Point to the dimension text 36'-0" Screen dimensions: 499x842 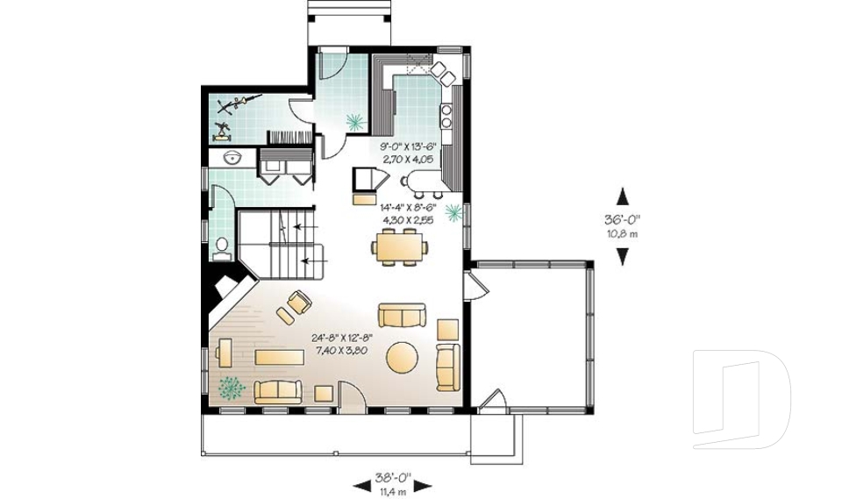pos(623,219)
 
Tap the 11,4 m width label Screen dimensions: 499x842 pos(392,492)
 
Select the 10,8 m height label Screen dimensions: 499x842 pos(623,232)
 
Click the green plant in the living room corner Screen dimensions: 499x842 pos(231,387)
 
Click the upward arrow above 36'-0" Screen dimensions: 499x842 pos(623,196)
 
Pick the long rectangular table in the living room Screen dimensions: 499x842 pos(280,357)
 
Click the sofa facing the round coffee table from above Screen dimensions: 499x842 pos(402,315)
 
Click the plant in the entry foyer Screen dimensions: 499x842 pos(354,122)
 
